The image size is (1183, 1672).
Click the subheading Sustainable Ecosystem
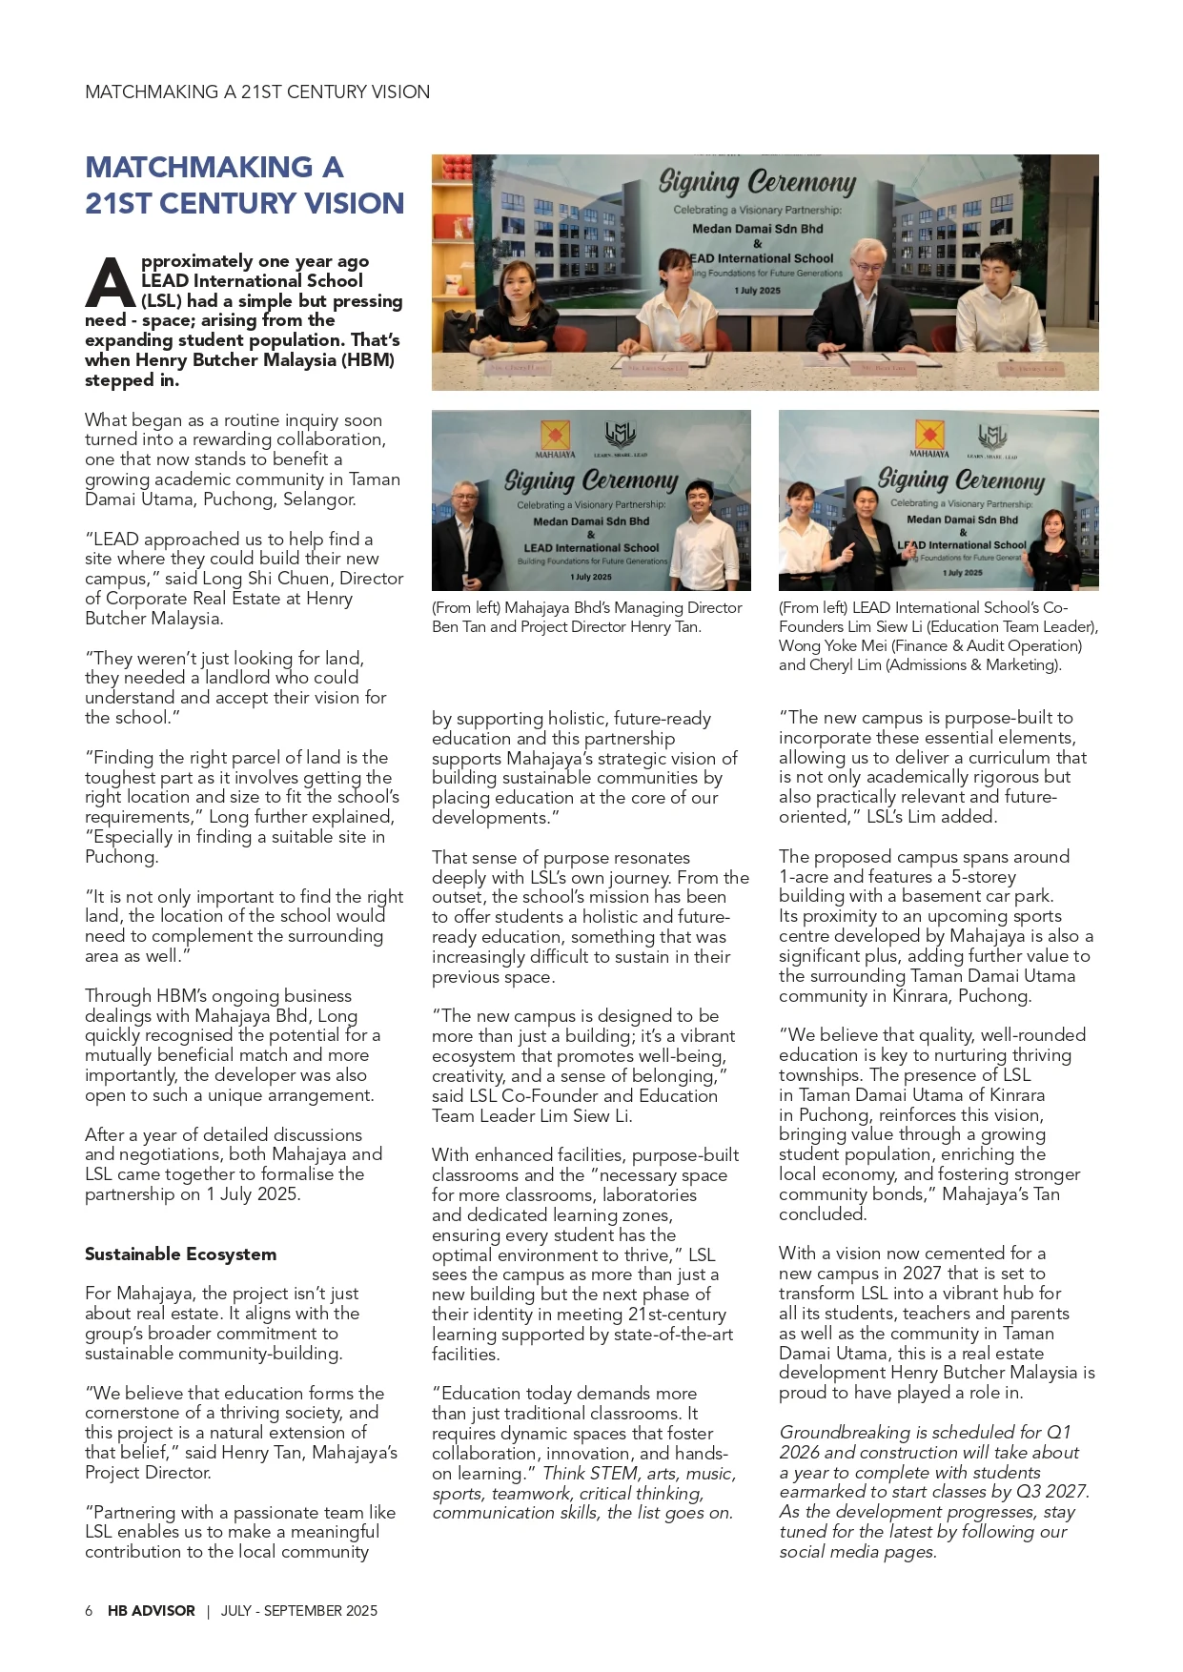click(x=180, y=1254)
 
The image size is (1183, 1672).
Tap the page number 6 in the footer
click(x=89, y=1611)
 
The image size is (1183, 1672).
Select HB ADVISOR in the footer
click(x=151, y=1611)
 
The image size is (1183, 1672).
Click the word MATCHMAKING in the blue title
click(x=198, y=168)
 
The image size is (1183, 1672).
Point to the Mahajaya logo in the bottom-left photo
click(x=555, y=437)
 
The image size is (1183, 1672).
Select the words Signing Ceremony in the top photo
click(x=758, y=181)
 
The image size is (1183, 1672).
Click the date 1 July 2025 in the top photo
click(x=758, y=291)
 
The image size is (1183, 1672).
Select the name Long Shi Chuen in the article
click(x=276, y=579)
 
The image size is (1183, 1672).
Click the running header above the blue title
click(x=256, y=92)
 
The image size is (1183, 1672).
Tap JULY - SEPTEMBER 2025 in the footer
click(x=299, y=1611)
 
